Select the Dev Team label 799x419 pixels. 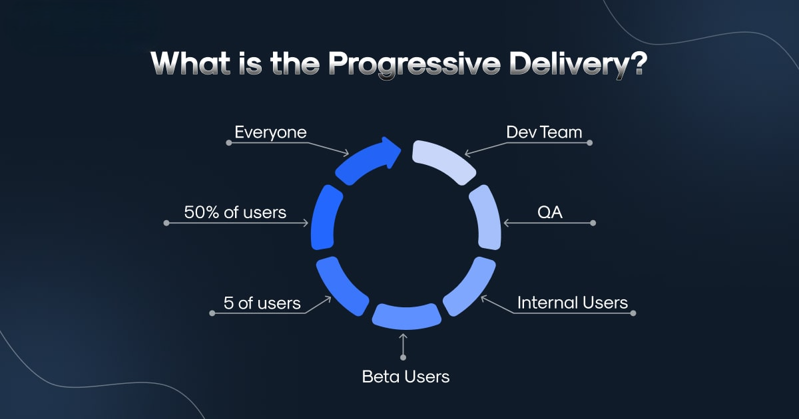(544, 132)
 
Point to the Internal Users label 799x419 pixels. (573, 303)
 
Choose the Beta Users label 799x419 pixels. (405, 376)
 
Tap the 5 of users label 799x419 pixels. (262, 303)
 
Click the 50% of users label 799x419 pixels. (235, 213)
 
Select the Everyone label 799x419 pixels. (270, 132)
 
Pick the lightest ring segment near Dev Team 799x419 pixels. (443, 160)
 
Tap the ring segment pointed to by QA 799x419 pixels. (487, 215)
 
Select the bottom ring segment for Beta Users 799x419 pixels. (406, 317)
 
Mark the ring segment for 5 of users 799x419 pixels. (340, 286)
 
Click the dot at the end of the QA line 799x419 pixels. (593, 223)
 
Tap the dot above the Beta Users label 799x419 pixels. (403, 358)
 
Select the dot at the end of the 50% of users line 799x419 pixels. (166, 223)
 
